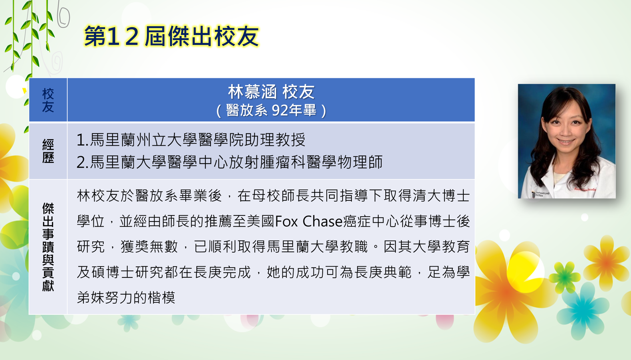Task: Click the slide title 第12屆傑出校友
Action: click(x=171, y=36)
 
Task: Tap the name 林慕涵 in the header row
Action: click(x=252, y=92)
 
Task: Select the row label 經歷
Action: click(x=48, y=151)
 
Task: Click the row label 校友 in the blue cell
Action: click(x=48, y=100)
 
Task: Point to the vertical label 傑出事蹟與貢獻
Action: click(x=48, y=247)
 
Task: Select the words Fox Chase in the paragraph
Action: click(x=308, y=221)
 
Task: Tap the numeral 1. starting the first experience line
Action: click(x=83, y=140)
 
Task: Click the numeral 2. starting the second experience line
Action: click(x=83, y=162)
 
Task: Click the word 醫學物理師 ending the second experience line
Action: click(x=345, y=162)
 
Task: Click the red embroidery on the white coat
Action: click(x=585, y=190)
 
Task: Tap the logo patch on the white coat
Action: click(x=540, y=194)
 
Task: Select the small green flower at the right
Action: click(x=564, y=277)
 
